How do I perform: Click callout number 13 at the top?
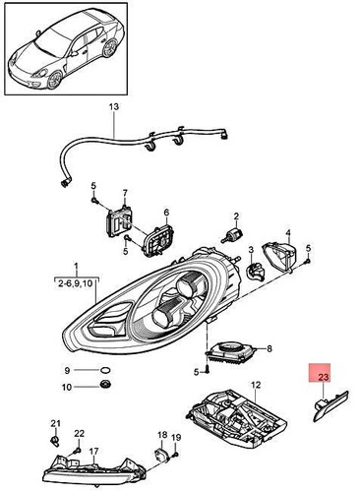click(x=112, y=105)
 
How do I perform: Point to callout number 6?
click(x=166, y=213)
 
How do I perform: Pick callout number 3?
click(x=252, y=251)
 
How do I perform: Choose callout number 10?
click(x=67, y=386)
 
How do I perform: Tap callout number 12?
click(x=255, y=385)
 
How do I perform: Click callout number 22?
click(x=80, y=433)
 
